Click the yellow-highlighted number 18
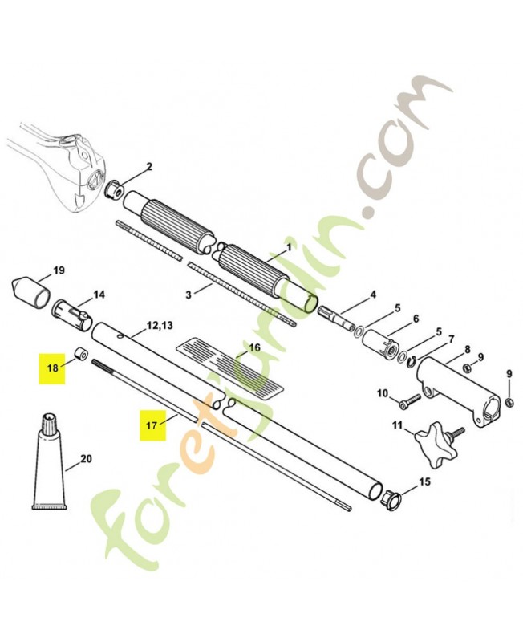(x=52, y=368)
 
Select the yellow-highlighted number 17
(x=152, y=425)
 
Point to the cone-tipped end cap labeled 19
(x=31, y=292)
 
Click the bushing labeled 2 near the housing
(x=114, y=189)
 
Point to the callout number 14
(x=99, y=294)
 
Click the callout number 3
(x=189, y=295)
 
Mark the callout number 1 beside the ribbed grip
(x=289, y=247)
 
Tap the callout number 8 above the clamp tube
(x=468, y=350)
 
